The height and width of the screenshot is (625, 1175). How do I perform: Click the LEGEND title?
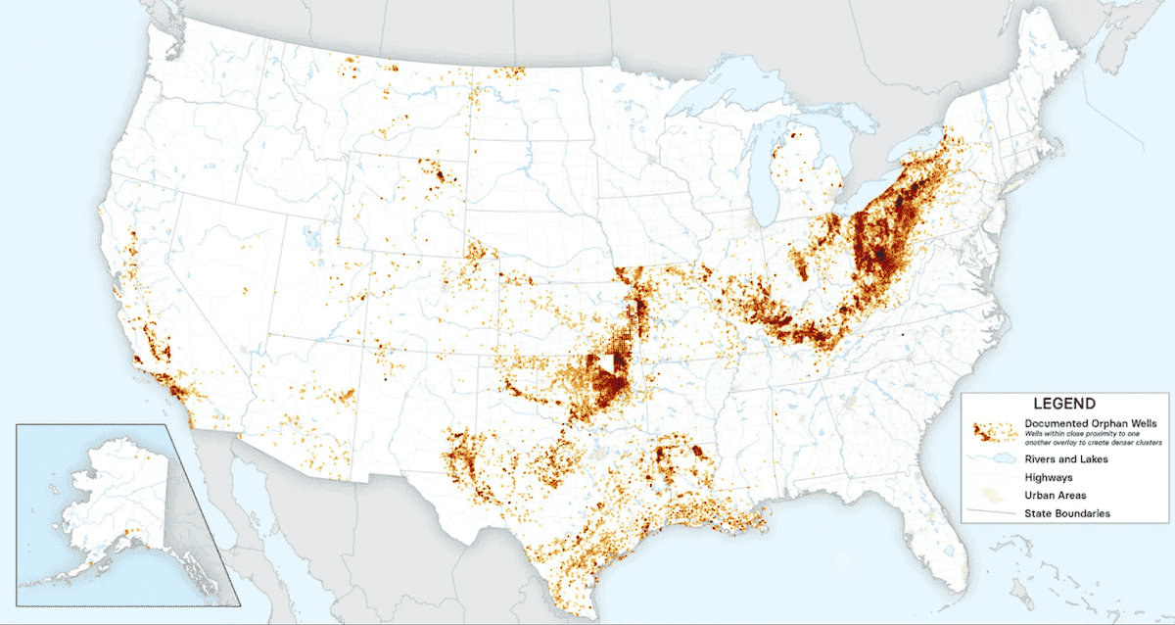[x=1062, y=403]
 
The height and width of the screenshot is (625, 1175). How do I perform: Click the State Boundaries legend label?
[x=1066, y=513]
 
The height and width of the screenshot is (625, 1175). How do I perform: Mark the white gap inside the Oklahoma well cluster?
[x=610, y=364]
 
